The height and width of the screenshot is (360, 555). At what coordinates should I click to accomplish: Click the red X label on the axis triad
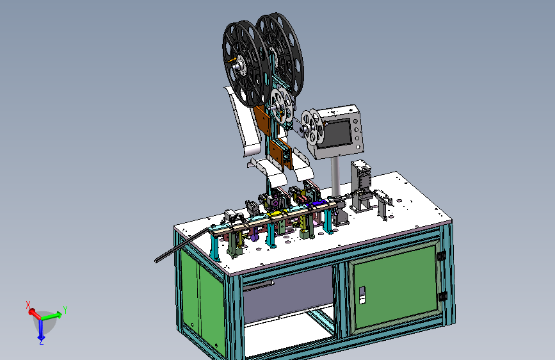pos(28,305)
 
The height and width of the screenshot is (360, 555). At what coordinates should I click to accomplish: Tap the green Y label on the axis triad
pos(65,310)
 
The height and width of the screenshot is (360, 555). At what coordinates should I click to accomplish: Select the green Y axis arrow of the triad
pos(52,315)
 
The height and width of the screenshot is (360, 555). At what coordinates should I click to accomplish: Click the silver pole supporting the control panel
pos(335,176)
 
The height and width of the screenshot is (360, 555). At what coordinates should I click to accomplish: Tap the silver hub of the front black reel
pos(240,65)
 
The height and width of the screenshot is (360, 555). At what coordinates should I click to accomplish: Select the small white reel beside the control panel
pos(312,126)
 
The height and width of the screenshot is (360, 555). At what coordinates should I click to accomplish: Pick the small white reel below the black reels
pos(282,105)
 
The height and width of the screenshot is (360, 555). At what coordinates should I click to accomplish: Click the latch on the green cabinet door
pos(362,295)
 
